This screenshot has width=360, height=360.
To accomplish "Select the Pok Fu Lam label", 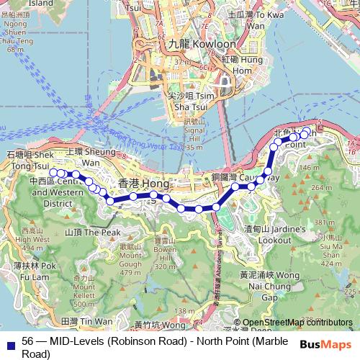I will [x=30, y=270].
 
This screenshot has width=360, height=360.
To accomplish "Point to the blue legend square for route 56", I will [x=8, y=345].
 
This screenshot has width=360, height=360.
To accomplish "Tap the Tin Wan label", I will [x=87, y=321].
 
